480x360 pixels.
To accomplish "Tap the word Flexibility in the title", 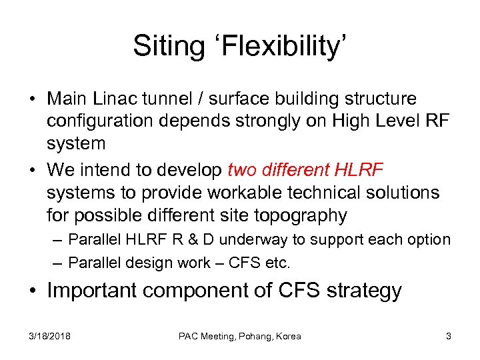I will point(279,46).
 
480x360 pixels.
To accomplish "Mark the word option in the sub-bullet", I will point(427,239).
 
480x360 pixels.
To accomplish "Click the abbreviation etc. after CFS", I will point(277,262).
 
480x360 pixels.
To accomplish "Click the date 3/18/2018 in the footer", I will point(49,336).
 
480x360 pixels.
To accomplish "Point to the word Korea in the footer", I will point(287,336).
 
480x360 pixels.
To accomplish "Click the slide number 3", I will point(449,336).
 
